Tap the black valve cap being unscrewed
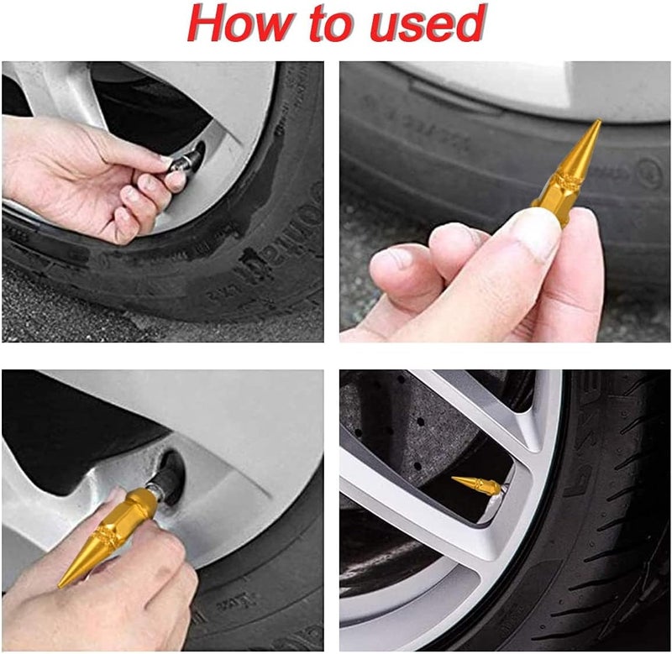click(x=190, y=157)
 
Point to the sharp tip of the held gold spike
click(x=598, y=123)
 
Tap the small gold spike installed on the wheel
click(x=478, y=485)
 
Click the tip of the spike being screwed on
click(x=64, y=583)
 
